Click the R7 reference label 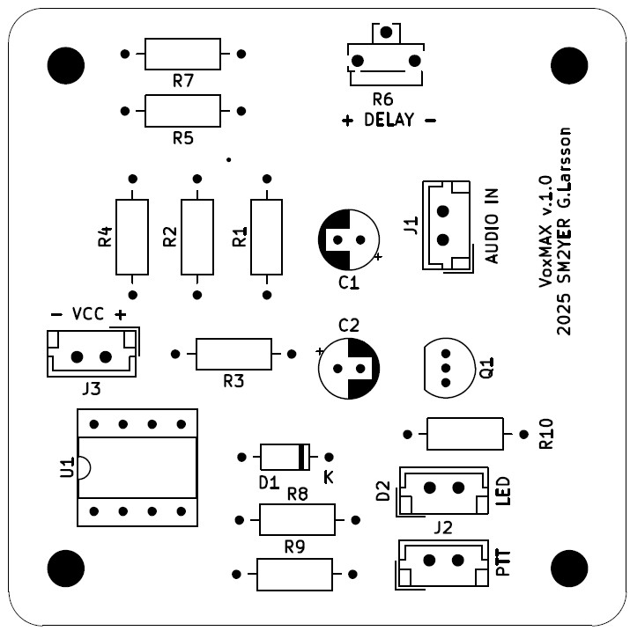coord(183,81)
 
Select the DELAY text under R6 coord(389,121)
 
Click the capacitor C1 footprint coord(349,238)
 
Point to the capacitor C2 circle coord(349,367)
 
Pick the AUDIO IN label coord(492,225)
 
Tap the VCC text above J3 coord(88,314)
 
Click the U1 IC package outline coord(137,467)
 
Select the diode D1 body coord(285,457)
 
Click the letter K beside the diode coord(329,477)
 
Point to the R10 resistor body coord(464,433)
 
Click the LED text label coord(504,491)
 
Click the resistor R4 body coord(132,237)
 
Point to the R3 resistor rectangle coord(233,354)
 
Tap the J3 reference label coord(91,387)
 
